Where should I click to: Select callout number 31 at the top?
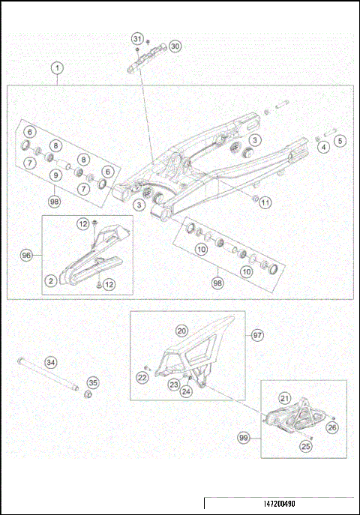click(136, 38)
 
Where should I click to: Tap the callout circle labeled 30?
click(175, 46)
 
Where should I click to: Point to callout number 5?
click(339, 140)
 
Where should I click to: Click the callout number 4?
click(323, 148)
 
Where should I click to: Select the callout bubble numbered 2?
click(51, 280)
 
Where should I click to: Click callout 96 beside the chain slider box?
click(26, 255)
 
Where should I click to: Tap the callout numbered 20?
click(181, 330)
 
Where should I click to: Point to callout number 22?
click(142, 378)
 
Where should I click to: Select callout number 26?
click(332, 428)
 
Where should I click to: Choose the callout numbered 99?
click(243, 436)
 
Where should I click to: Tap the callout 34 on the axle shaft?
click(51, 363)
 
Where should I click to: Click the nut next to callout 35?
click(87, 395)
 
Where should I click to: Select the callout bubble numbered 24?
click(186, 391)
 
